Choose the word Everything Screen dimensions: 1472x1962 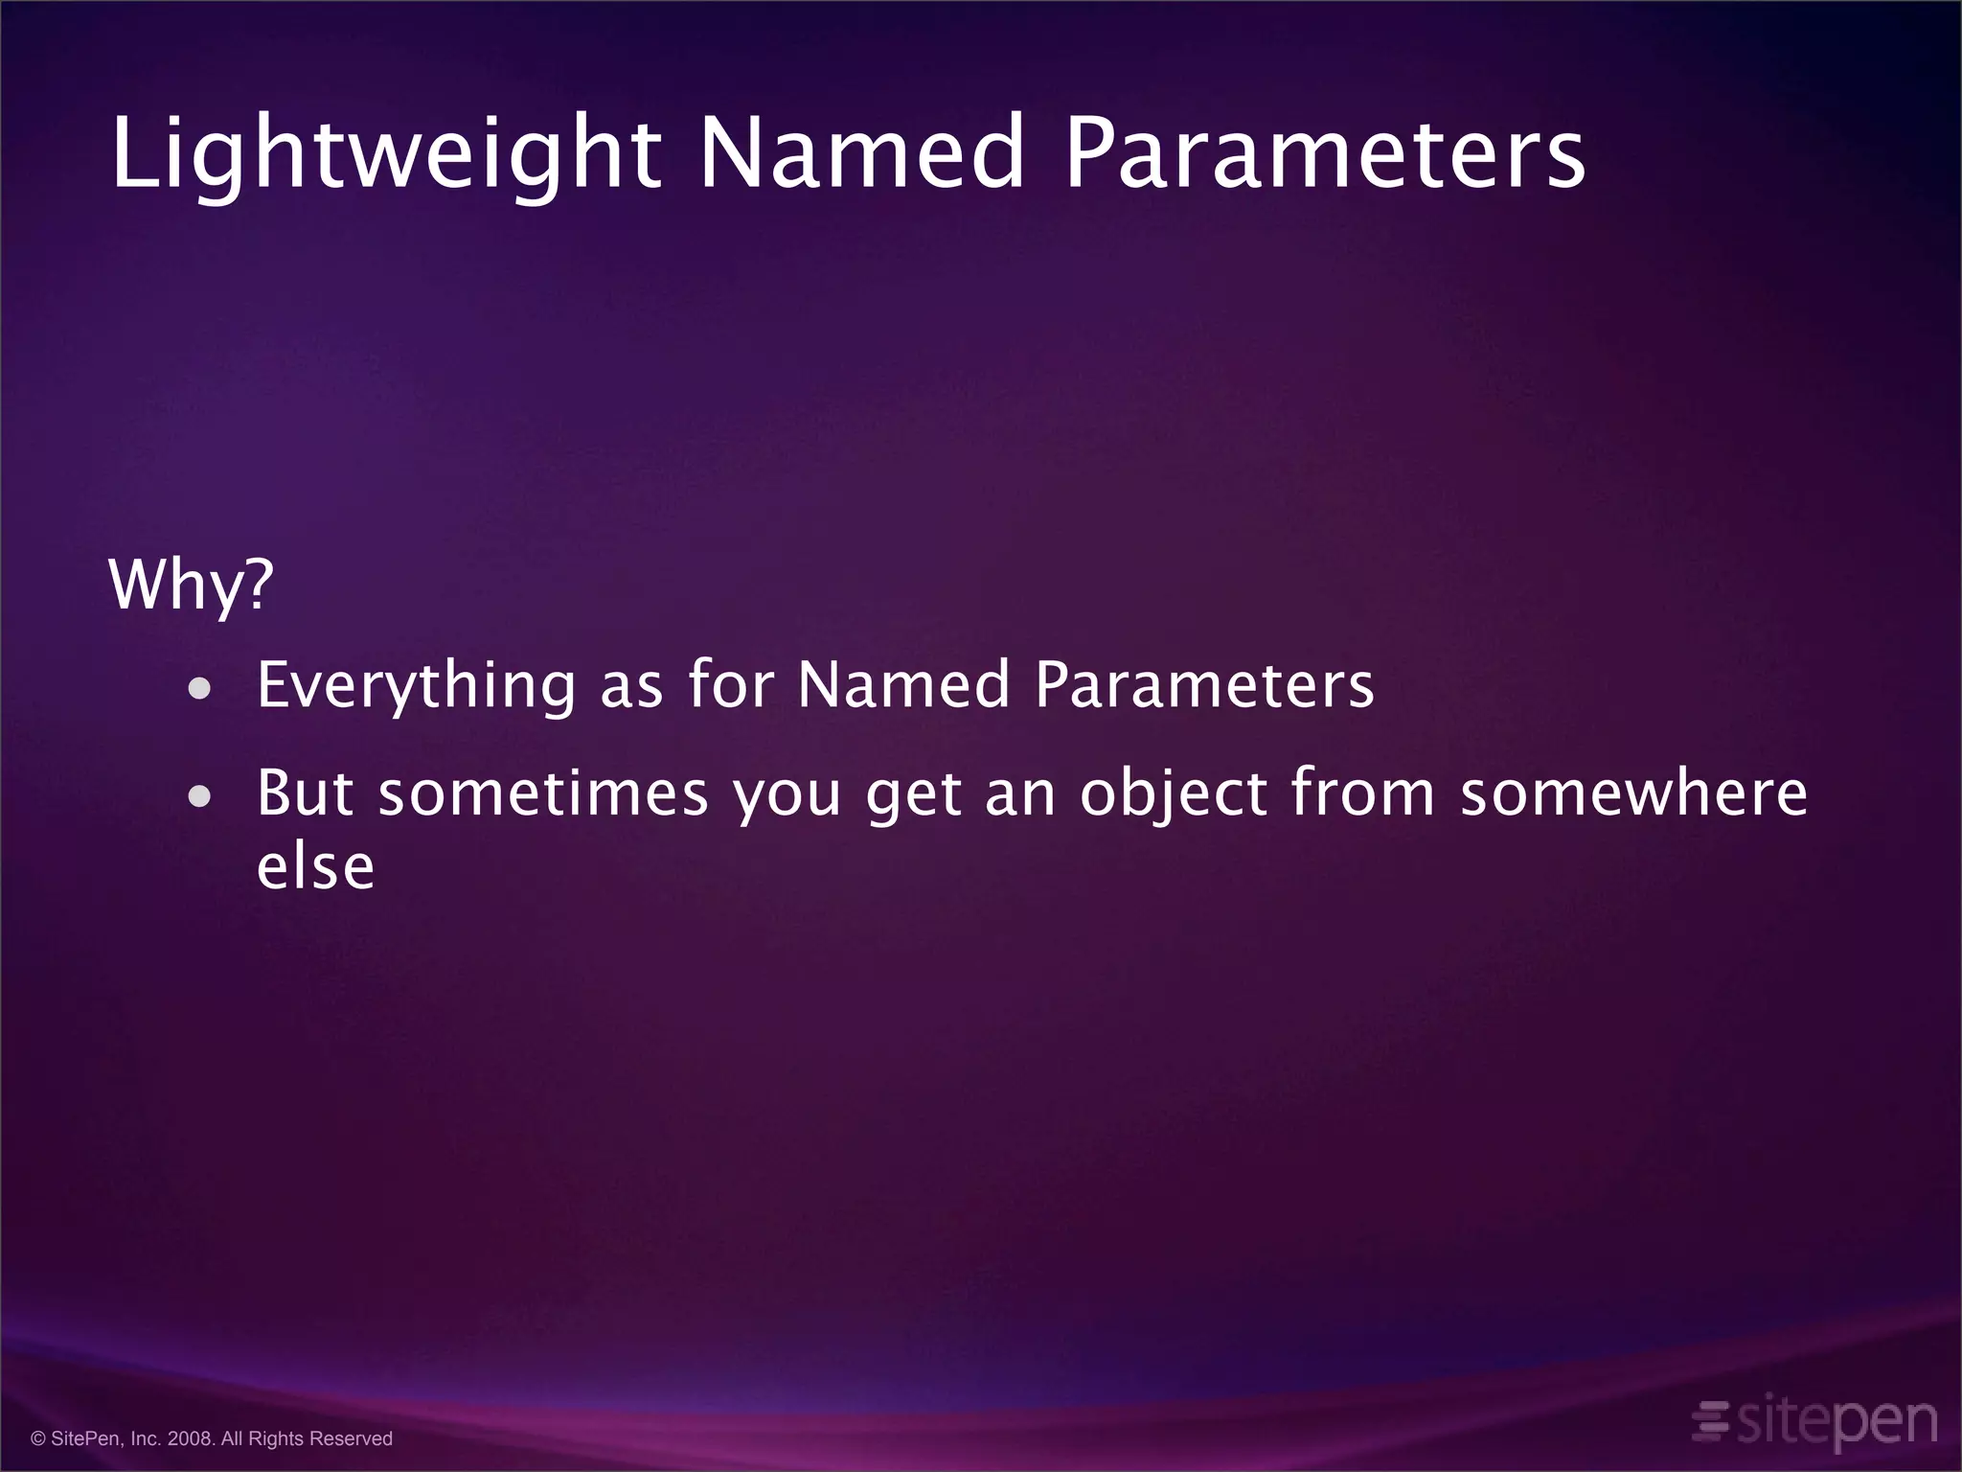tap(416, 686)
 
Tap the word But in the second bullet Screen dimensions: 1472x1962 tap(306, 793)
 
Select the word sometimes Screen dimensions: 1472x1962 tap(543, 793)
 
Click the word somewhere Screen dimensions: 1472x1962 tap(1633, 793)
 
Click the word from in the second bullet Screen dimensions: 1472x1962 tap(1362, 793)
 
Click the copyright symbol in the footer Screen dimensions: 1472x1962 tap(38, 1438)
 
